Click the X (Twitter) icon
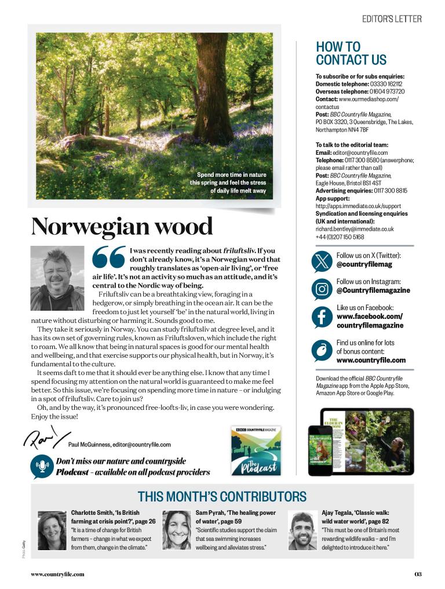click(x=322, y=260)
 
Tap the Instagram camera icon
click(x=322, y=288)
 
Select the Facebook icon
click(x=322, y=317)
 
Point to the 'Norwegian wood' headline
click(x=122, y=226)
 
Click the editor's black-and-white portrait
click(x=57, y=278)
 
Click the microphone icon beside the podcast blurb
click(x=42, y=466)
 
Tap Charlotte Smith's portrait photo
click(x=52, y=530)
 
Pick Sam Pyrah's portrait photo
click(x=177, y=530)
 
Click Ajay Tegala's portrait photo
click(x=302, y=530)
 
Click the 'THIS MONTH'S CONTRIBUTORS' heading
click(x=222, y=497)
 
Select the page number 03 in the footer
click(x=418, y=575)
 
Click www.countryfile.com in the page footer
click(x=57, y=575)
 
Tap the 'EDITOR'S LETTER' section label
click(x=392, y=19)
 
